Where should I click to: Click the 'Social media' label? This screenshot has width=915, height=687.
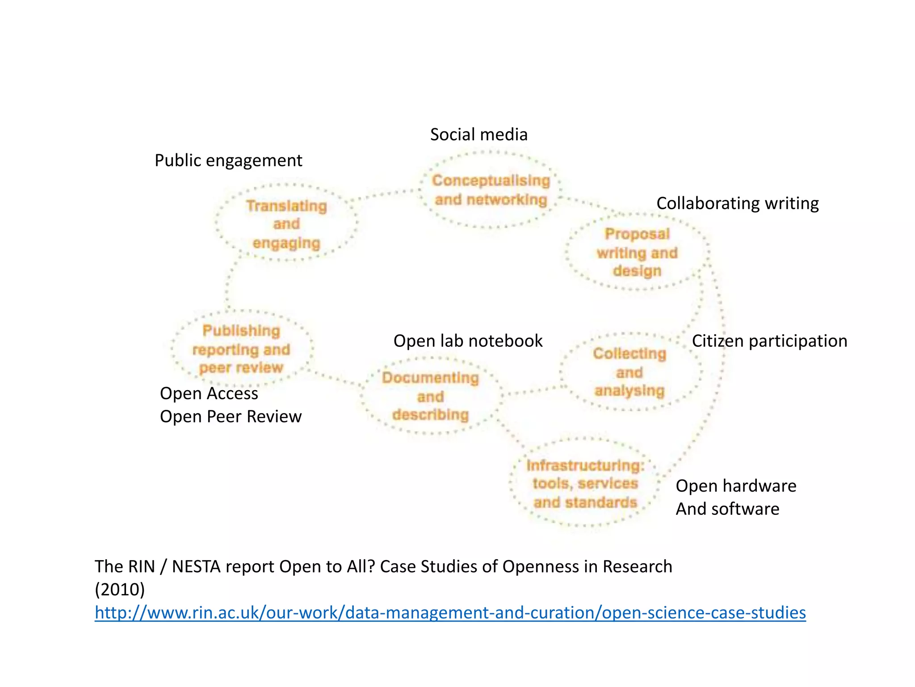[478, 135]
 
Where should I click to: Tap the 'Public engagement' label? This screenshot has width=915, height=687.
[228, 160]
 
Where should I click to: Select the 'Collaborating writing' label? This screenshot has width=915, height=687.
[737, 203]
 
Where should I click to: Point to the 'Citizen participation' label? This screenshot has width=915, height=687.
[769, 341]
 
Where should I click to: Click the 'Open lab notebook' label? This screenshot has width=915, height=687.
[468, 341]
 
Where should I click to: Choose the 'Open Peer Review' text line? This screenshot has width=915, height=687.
[231, 417]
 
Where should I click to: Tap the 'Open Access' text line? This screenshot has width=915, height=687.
[209, 393]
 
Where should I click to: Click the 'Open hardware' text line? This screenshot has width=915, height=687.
[736, 486]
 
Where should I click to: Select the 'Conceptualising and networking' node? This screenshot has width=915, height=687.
[491, 190]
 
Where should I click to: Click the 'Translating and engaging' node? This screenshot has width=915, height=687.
[286, 224]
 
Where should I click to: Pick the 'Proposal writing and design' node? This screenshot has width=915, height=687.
[637, 253]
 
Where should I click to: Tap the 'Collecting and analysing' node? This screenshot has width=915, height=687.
[630, 372]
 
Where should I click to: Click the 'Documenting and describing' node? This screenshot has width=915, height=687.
[430, 396]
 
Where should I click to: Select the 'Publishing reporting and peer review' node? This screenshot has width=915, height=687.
[241, 349]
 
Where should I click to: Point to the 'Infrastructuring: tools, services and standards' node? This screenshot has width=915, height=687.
[585, 484]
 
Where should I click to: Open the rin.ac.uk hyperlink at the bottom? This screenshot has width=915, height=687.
[450, 612]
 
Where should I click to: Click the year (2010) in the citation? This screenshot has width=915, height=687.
[120, 590]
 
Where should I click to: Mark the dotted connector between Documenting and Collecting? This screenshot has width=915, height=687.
[532, 391]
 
